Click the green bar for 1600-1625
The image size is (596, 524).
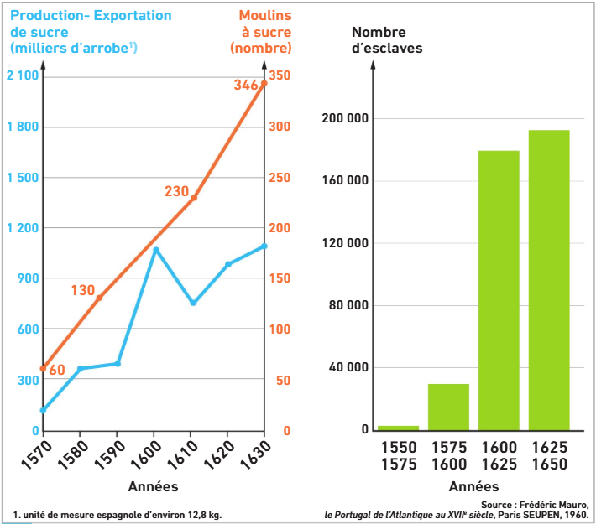pyautogui.click(x=499, y=290)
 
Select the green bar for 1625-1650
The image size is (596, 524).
pyautogui.click(x=549, y=280)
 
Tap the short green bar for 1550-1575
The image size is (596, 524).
pyautogui.click(x=399, y=428)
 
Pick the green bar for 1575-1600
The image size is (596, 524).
pyautogui.click(x=448, y=407)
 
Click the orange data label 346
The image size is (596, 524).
pyautogui.click(x=246, y=85)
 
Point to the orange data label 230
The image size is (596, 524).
pyautogui.click(x=177, y=191)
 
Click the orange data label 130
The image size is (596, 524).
pyautogui.click(x=83, y=290)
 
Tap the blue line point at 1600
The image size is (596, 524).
pyautogui.click(x=156, y=250)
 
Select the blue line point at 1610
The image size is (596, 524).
pyautogui.click(x=193, y=303)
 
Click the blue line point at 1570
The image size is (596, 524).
pyautogui.click(x=43, y=410)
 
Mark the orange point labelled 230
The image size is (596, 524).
pyautogui.click(x=194, y=198)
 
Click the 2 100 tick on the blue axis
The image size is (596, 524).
pyautogui.click(x=23, y=75)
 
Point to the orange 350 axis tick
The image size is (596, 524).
pyautogui.click(x=280, y=75)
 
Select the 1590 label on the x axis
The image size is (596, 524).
pyautogui.click(x=109, y=454)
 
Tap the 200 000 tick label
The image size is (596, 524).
pyautogui.click(x=345, y=118)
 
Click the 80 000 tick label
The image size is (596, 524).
pyautogui.click(x=348, y=305)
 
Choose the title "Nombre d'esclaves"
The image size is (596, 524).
pyautogui.click(x=387, y=40)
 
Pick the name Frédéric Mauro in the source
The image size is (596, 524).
pyautogui.click(x=554, y=505)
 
